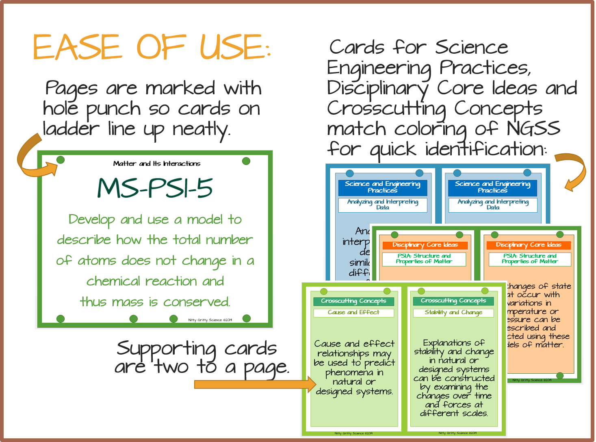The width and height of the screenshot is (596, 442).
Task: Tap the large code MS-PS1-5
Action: point(155,188)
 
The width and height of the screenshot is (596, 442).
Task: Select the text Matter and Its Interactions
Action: point(157,163)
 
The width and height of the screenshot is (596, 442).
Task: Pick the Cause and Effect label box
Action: point(353,312)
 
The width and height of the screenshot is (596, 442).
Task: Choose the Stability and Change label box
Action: point(453,312)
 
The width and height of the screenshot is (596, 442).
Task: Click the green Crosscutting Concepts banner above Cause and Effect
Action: point(353,301)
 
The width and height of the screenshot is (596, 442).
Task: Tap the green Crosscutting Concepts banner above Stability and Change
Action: point(453,300)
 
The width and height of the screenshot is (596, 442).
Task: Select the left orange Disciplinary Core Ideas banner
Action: point(425,245)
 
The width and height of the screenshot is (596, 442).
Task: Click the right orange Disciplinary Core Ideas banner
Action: point(529,245)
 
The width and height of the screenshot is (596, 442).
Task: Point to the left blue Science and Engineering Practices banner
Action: point(382,187)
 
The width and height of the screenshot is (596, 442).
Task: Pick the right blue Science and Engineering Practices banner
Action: point(492,187)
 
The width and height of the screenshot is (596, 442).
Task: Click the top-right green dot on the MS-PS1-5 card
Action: point(246,161)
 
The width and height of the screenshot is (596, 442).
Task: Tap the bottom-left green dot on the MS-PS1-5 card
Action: point(61,318)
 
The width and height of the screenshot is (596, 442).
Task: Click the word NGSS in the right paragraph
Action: point(533,129)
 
